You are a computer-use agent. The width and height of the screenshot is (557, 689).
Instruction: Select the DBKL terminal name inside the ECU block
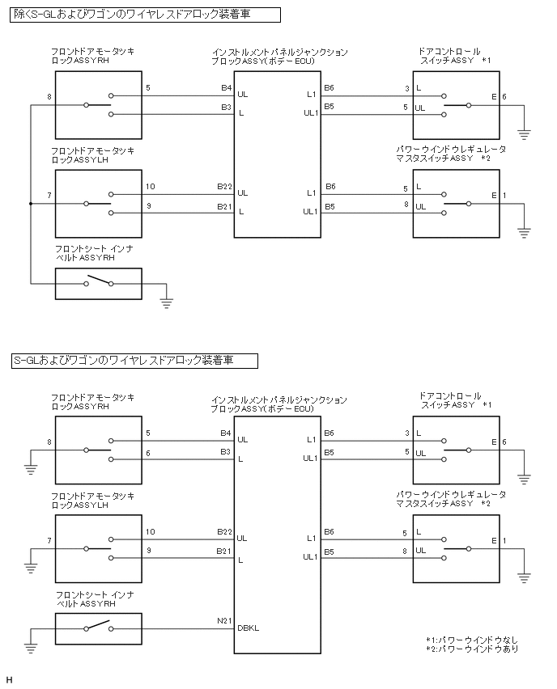pos(249,628)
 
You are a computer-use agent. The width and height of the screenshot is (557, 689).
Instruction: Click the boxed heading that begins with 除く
pos(146,14)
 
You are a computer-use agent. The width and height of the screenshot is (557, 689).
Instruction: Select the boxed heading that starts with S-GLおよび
pos(134,360)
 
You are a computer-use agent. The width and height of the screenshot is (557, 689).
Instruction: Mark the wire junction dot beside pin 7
pos(30,204)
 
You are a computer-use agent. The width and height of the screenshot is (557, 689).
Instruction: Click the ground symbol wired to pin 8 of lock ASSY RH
pos(30,467)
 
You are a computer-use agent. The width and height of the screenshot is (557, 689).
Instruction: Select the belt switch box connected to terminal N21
pos(98,628)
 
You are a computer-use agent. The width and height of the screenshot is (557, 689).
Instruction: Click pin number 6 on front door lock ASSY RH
pos(148,453)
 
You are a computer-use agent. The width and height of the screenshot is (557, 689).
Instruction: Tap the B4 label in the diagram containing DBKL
pos(225,433)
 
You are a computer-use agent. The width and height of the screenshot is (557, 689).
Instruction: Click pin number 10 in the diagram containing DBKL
pos(151,531)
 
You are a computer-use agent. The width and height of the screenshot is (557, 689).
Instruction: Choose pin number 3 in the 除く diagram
pos(405,87)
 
